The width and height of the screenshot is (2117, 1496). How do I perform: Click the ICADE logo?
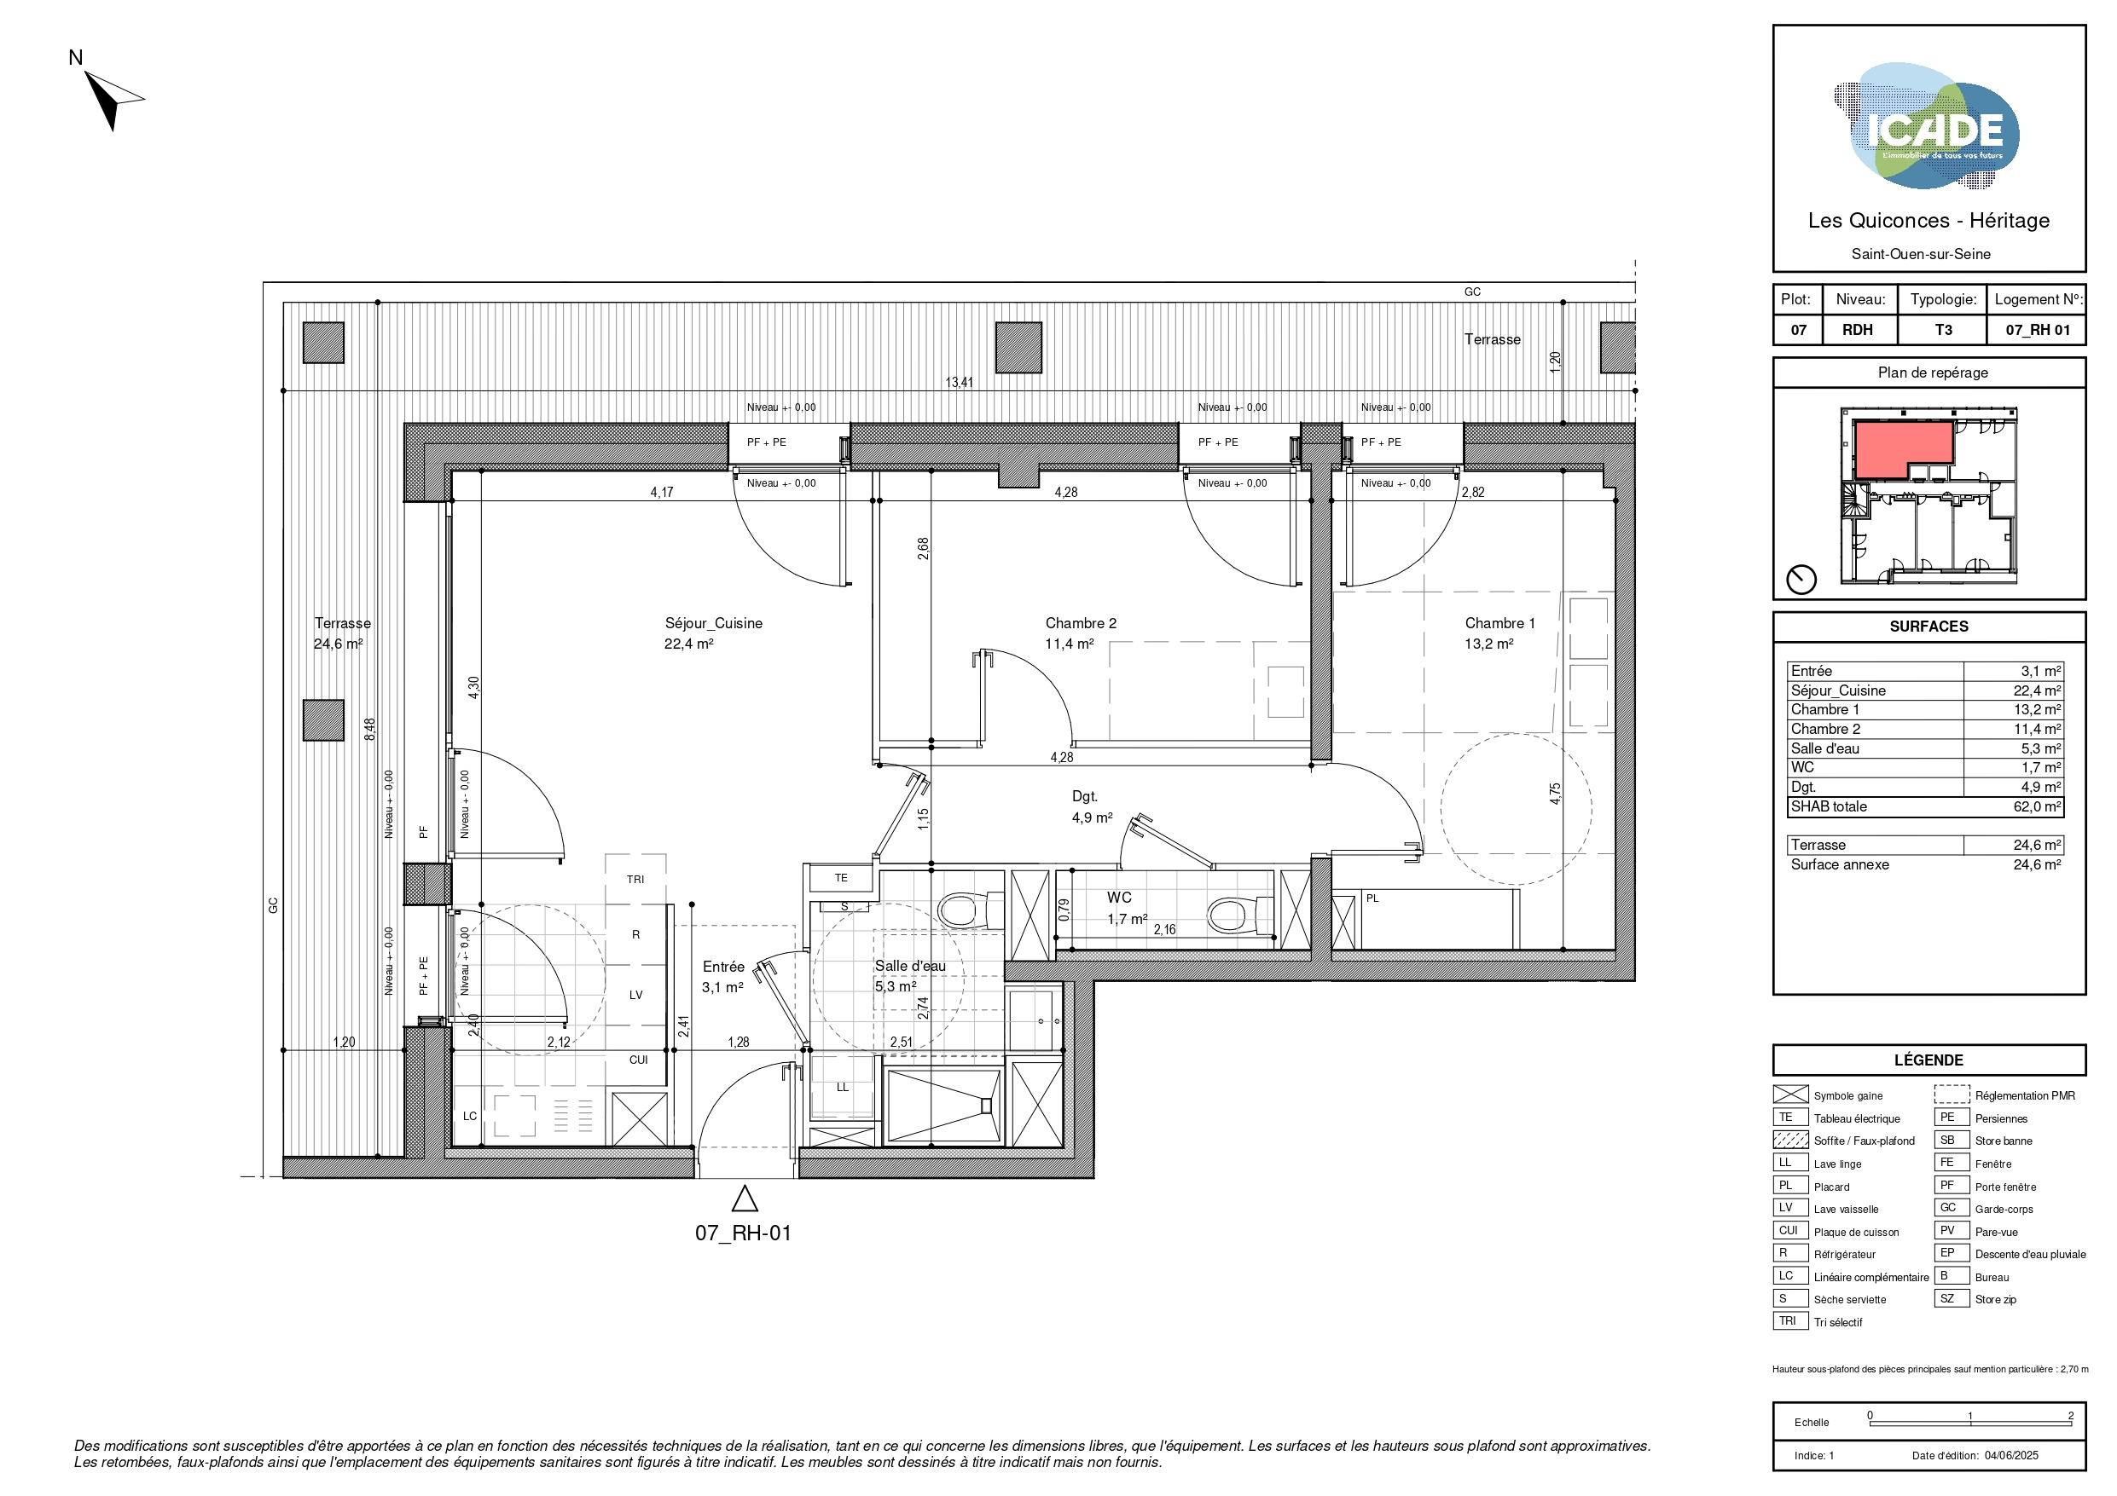point(1927,126)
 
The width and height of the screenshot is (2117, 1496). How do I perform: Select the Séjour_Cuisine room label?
point(714,623)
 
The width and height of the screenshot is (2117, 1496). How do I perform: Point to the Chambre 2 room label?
point(1081,623)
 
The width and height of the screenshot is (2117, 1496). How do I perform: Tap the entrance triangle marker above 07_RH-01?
point(744,1199)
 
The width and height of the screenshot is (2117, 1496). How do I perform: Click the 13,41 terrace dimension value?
point(959,382)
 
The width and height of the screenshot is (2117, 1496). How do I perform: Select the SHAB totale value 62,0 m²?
point(2037,806)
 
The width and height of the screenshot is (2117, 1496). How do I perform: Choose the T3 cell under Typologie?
point(1944,330)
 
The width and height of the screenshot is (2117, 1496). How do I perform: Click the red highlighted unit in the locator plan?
point(1903,450)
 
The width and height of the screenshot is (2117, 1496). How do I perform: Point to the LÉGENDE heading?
point(1928,1060)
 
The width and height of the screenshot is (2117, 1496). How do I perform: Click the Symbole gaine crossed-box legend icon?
point(1790,1095)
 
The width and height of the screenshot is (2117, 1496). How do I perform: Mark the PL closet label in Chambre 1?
point(1373,898)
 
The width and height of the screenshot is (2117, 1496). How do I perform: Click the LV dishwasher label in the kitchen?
point(636,995)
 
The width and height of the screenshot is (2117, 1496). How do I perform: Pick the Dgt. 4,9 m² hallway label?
point(1092,806)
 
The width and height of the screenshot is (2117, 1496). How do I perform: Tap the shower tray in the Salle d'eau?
point(942,1106)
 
